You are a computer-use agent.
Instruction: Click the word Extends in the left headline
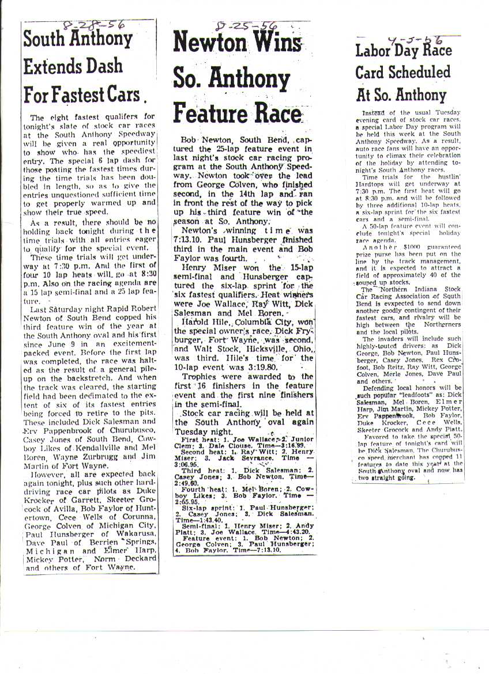click(50, 66)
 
